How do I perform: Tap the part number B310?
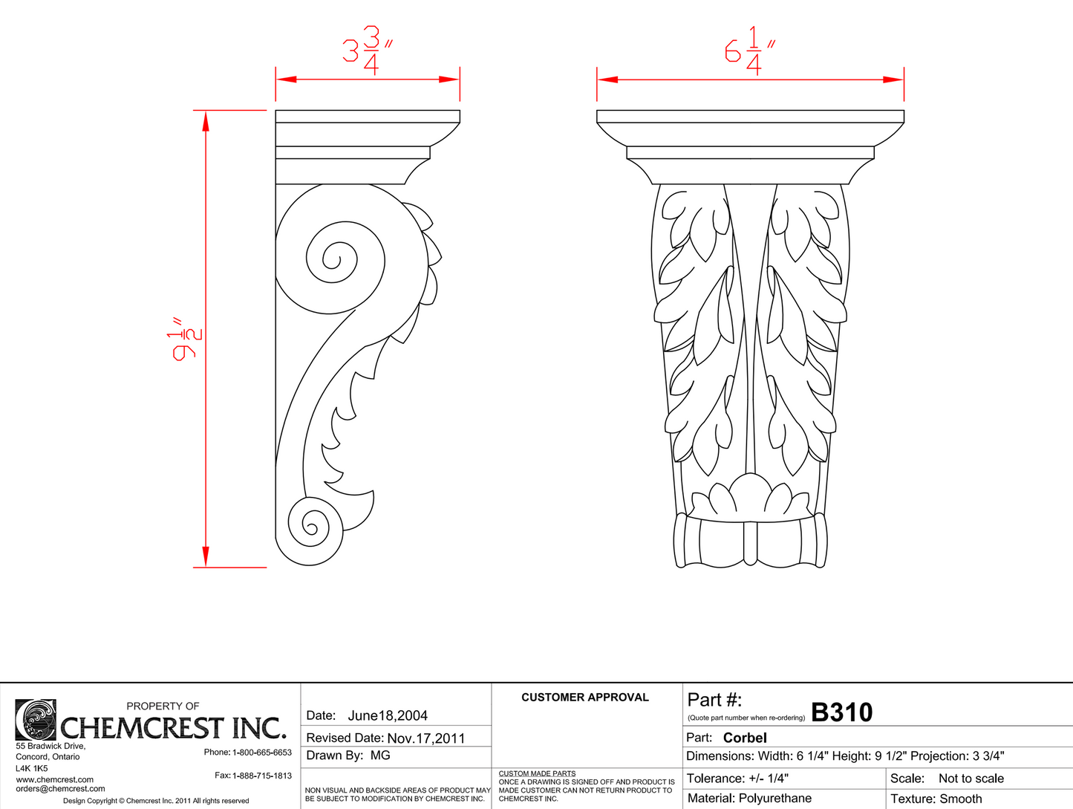pyautogui.click(x=841, y=712)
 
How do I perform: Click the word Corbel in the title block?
pyautogui.click(x=745, y=738)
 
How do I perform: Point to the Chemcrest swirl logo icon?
pyautogui.click(x=36, y=720)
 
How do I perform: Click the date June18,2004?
pyautogui.click(x=388, y=715)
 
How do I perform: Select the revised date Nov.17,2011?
pyautogui.click(x=426, y=738)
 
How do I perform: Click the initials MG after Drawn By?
pyautogui.click(x=380, y=756)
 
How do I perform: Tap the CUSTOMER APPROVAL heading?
pyautogui.click(x=585, y=698)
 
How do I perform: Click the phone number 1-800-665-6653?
pyautogui.click(x=262, y=753)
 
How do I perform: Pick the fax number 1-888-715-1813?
pyautogui.click(x=262, y=776)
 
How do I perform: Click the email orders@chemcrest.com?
pyautogui.click(x=60, y=789)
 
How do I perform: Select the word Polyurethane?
pyautogui.click(x=775, y=799)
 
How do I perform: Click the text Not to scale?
pyautogui.click(x=971, y=779)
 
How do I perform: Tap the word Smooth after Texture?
pyautogui.click(x=961, y=799)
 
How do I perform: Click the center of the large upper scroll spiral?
pyautogui.click(x=331, y=261)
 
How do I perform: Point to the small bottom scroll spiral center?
pyautogui.click(x=311, y=528)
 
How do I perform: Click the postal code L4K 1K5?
pyautogui.click(x=32, y=768)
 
